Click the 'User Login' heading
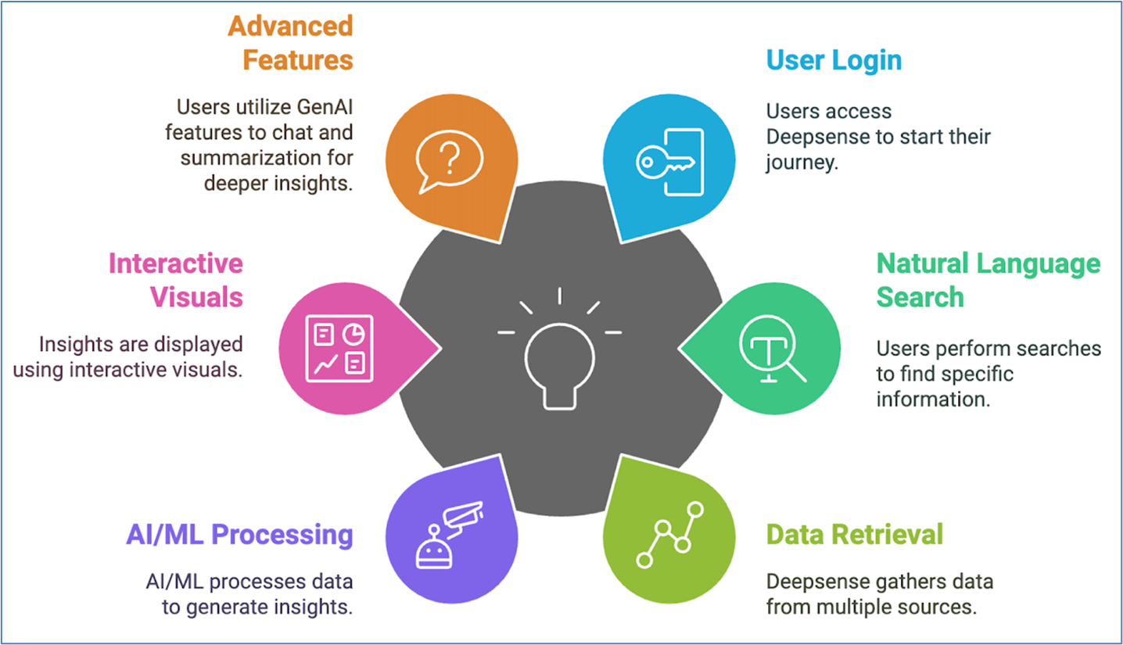click(834, 60)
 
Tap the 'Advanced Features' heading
click(291, 43)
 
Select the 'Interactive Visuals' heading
click(176, 280)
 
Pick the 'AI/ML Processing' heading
click(239, 535)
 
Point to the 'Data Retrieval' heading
click(854, 535)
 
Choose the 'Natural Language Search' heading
click(988, 280)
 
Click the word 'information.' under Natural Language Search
click(931, 399)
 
